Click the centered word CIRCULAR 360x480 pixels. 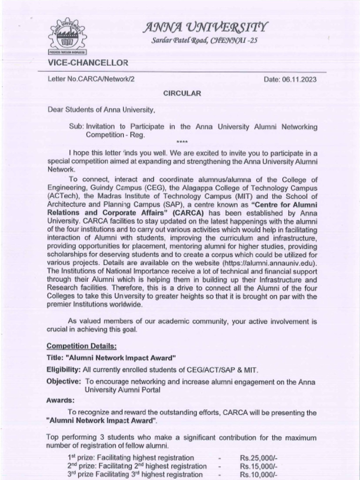point(182,93)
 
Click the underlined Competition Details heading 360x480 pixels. point(82,346)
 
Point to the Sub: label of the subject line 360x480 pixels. point(76,127)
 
